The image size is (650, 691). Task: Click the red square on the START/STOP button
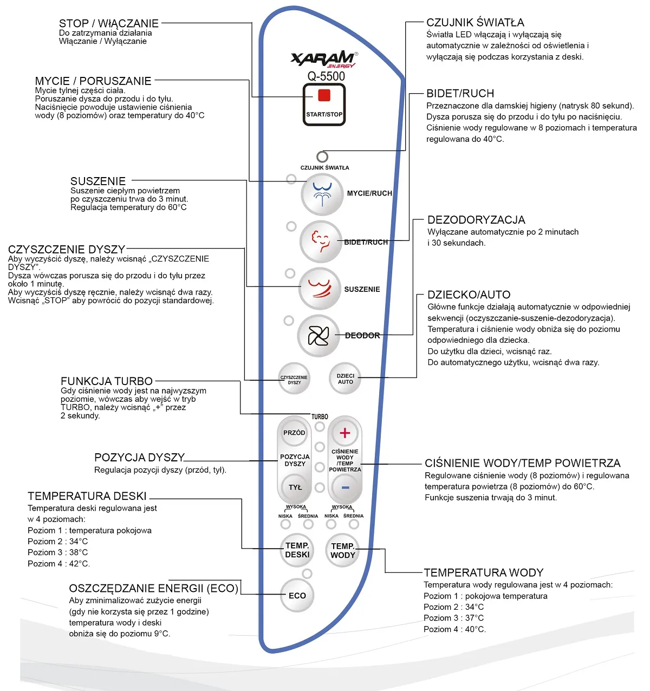324,95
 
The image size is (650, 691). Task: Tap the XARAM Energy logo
324,59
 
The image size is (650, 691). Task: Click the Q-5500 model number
326,76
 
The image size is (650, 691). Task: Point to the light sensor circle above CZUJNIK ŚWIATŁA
322,157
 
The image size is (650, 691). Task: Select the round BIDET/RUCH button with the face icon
320,242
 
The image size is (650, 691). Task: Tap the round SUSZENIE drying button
319,289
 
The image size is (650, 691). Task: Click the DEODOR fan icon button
318,336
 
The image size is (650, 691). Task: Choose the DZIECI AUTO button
345,379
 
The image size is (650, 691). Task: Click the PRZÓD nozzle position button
294,433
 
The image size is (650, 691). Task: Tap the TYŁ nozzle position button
295,487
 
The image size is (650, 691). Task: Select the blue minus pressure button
345,487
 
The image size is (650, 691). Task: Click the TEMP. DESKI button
297,550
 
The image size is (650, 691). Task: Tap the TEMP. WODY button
343,550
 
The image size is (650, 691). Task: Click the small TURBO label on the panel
320,416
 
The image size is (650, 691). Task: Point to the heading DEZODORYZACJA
476,220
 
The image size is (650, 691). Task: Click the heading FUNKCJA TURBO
107,381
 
